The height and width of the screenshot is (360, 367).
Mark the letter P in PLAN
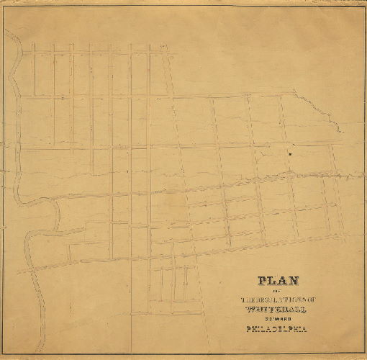262,282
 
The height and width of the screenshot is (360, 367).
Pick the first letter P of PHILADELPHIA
249,330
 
